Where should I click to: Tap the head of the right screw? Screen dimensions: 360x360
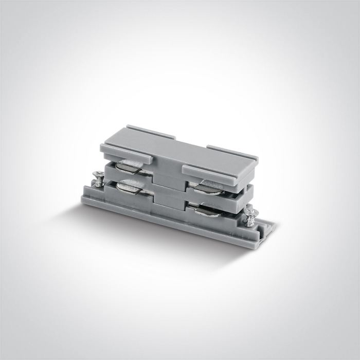[x=252, y=210]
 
